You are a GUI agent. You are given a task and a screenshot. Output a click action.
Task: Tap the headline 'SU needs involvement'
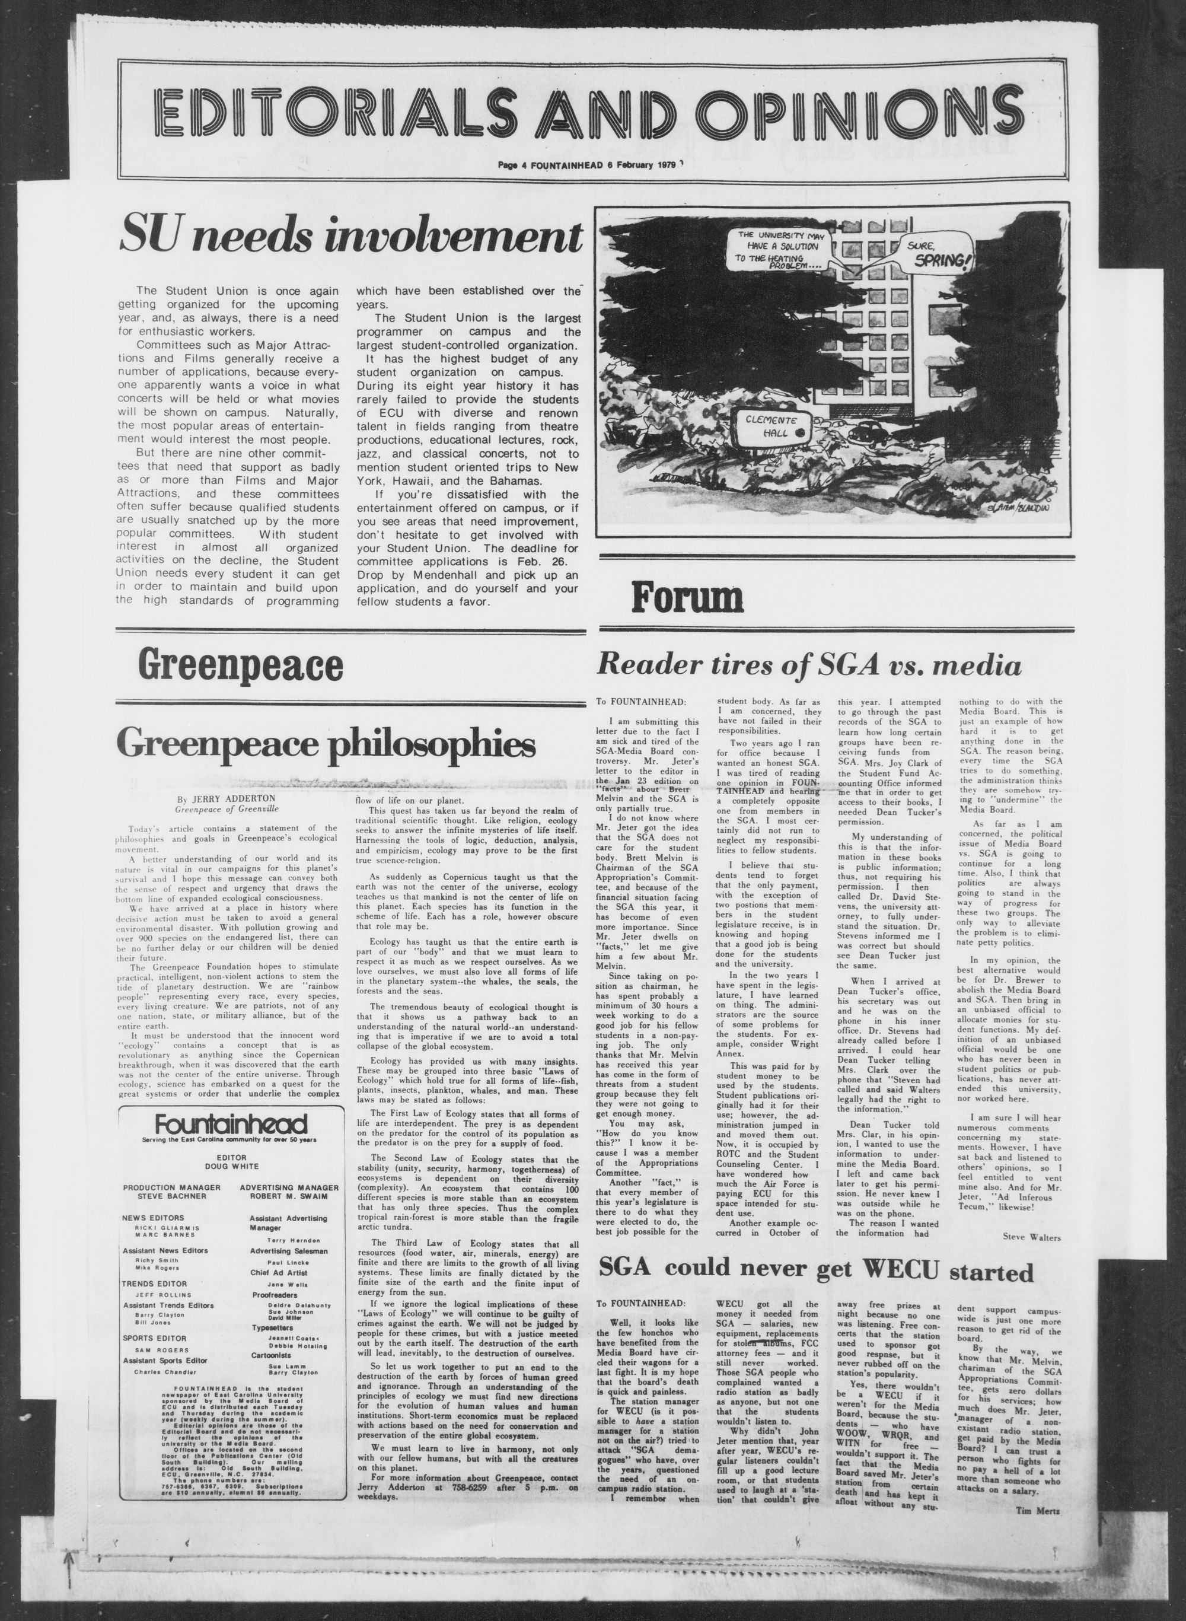(350, 234)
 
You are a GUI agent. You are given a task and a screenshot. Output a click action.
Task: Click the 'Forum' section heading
(686, 597)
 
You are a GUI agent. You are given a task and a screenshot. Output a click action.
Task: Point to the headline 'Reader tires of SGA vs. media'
(809, 665)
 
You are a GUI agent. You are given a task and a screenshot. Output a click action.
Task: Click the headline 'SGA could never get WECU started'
(815, 1272)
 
